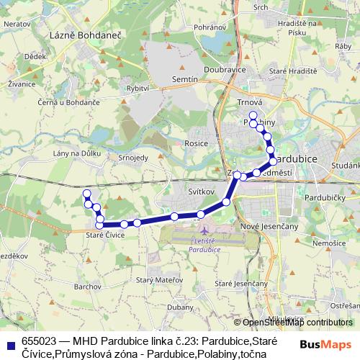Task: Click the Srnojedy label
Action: point(132,157)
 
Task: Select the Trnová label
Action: point(249,102)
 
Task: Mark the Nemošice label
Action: point(330,244)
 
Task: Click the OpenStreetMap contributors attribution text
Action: point(294,323)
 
